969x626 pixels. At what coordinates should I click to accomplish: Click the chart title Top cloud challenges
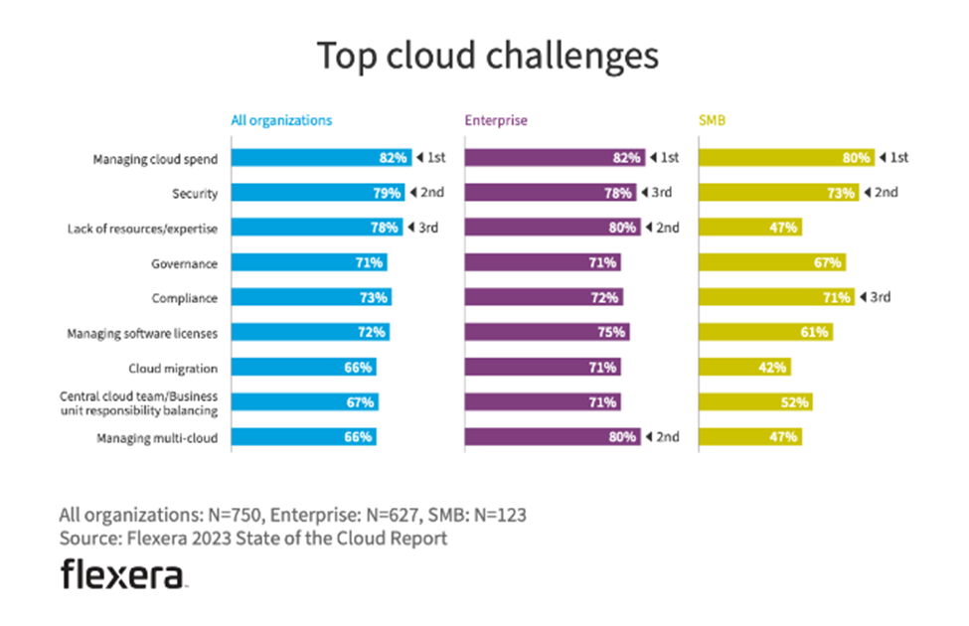(x=487, y=56)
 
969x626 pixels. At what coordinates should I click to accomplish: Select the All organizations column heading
(x=281, y=120)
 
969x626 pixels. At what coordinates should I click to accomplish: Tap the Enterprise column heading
(x=496, y=120)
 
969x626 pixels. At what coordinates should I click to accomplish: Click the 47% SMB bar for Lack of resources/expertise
(x=750, y=228)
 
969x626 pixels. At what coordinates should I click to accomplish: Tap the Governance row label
(x=185, y=263)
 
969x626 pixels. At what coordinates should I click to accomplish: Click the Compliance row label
(x=184, y=298)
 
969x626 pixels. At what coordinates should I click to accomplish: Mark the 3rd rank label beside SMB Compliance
(x=880, y=297)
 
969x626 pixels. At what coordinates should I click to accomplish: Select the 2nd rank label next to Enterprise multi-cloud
(x=667, y=437)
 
